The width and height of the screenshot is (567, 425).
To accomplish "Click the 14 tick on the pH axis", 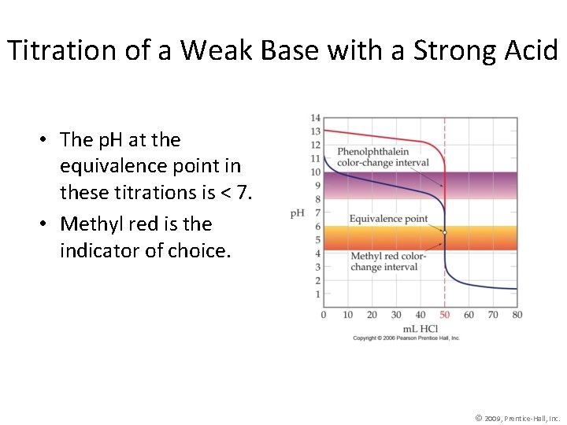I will coord(315,118).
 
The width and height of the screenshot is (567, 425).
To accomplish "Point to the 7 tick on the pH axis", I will coord(317,213).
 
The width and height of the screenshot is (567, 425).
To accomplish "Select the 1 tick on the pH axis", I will coord(317,294).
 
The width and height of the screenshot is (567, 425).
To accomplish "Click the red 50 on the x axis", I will coord(444,315).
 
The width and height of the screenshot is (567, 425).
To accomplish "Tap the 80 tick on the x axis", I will coord(517,315).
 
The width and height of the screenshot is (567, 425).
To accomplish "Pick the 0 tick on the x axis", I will coord(324,315).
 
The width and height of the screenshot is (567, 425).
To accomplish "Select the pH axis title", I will coord(298,213).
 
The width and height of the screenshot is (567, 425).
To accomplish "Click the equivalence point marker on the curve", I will coord(445,233).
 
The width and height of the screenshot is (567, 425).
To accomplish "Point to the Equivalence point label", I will coord(388,219).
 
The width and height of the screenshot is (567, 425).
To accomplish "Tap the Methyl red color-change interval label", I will coord(388,261).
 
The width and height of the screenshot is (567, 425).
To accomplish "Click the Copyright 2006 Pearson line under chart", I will coord(406,338).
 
